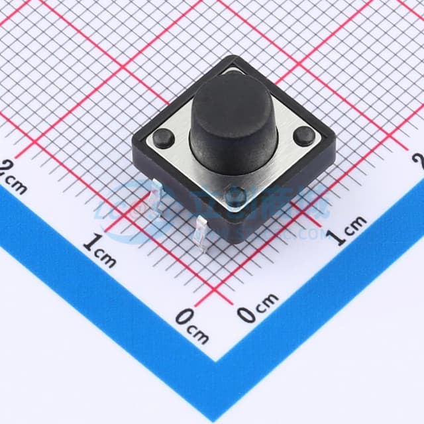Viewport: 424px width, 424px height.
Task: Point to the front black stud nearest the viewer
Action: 235,195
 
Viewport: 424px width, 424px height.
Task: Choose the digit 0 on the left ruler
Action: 184,317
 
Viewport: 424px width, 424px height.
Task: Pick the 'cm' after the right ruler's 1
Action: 356,225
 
